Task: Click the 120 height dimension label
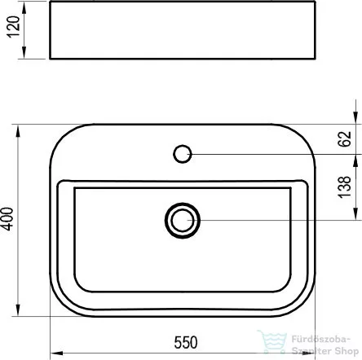click(x=14, y=27)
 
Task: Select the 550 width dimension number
click(x=186, y=343)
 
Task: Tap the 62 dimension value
click(x=345, y=139)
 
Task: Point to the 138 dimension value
click(x=345, y=187)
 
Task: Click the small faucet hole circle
click(x=183, y=154)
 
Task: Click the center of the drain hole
click(x=183, y=221)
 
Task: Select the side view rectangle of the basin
click(x=183, y=30)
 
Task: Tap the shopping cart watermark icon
click(x=272, y=342)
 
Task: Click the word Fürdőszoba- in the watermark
click(x=321, y=339)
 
